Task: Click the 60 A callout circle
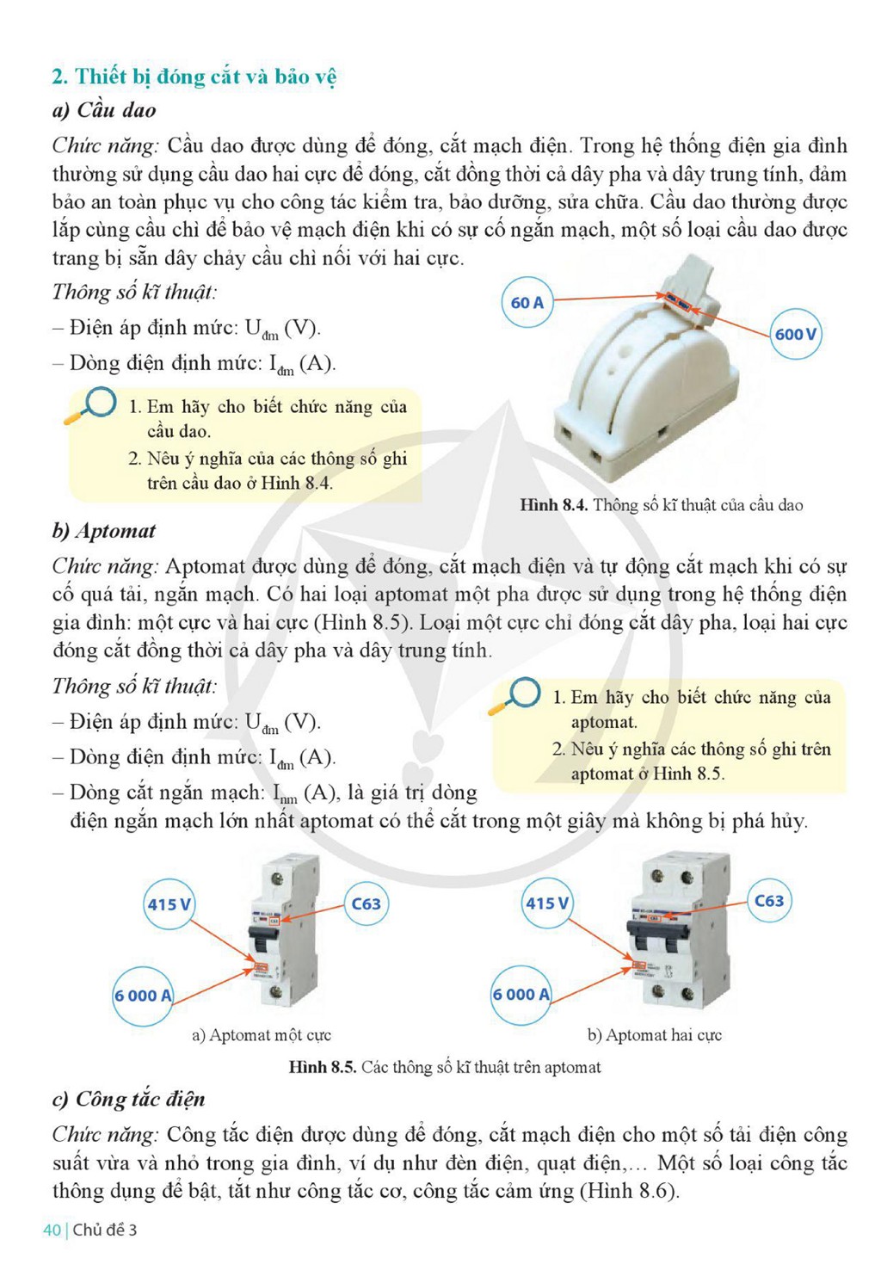tap(527, 303)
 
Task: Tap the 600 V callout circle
tap(796, 334)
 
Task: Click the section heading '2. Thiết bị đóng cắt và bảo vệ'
tap(194, 77)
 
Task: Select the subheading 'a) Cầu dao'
tap(104, 110)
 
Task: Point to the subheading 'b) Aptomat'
tap(104, 531)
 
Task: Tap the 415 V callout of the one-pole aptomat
tap(169, 904)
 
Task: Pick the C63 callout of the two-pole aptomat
tap(768, 900)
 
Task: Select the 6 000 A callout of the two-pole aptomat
tap(521, 995)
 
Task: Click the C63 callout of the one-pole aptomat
tap(366, 903)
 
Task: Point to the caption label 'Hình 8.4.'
tap(554, 504)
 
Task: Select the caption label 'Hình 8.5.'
tap(323, 1066)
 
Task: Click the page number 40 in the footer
tap(52, 1230)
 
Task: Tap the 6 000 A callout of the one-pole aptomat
tap(143, 996)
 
